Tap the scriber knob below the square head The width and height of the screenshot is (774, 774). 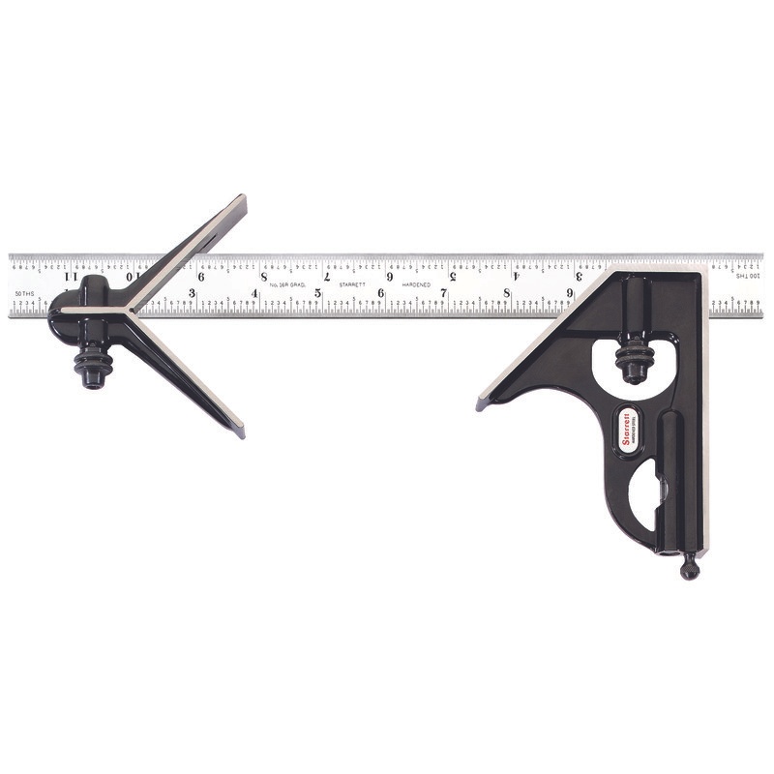tap(689, 569)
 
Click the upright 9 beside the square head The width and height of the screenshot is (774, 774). tap(569, 292)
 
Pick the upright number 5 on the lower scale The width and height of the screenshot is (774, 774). tap(318, 293)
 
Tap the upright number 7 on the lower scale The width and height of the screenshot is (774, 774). tap(444, 292)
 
